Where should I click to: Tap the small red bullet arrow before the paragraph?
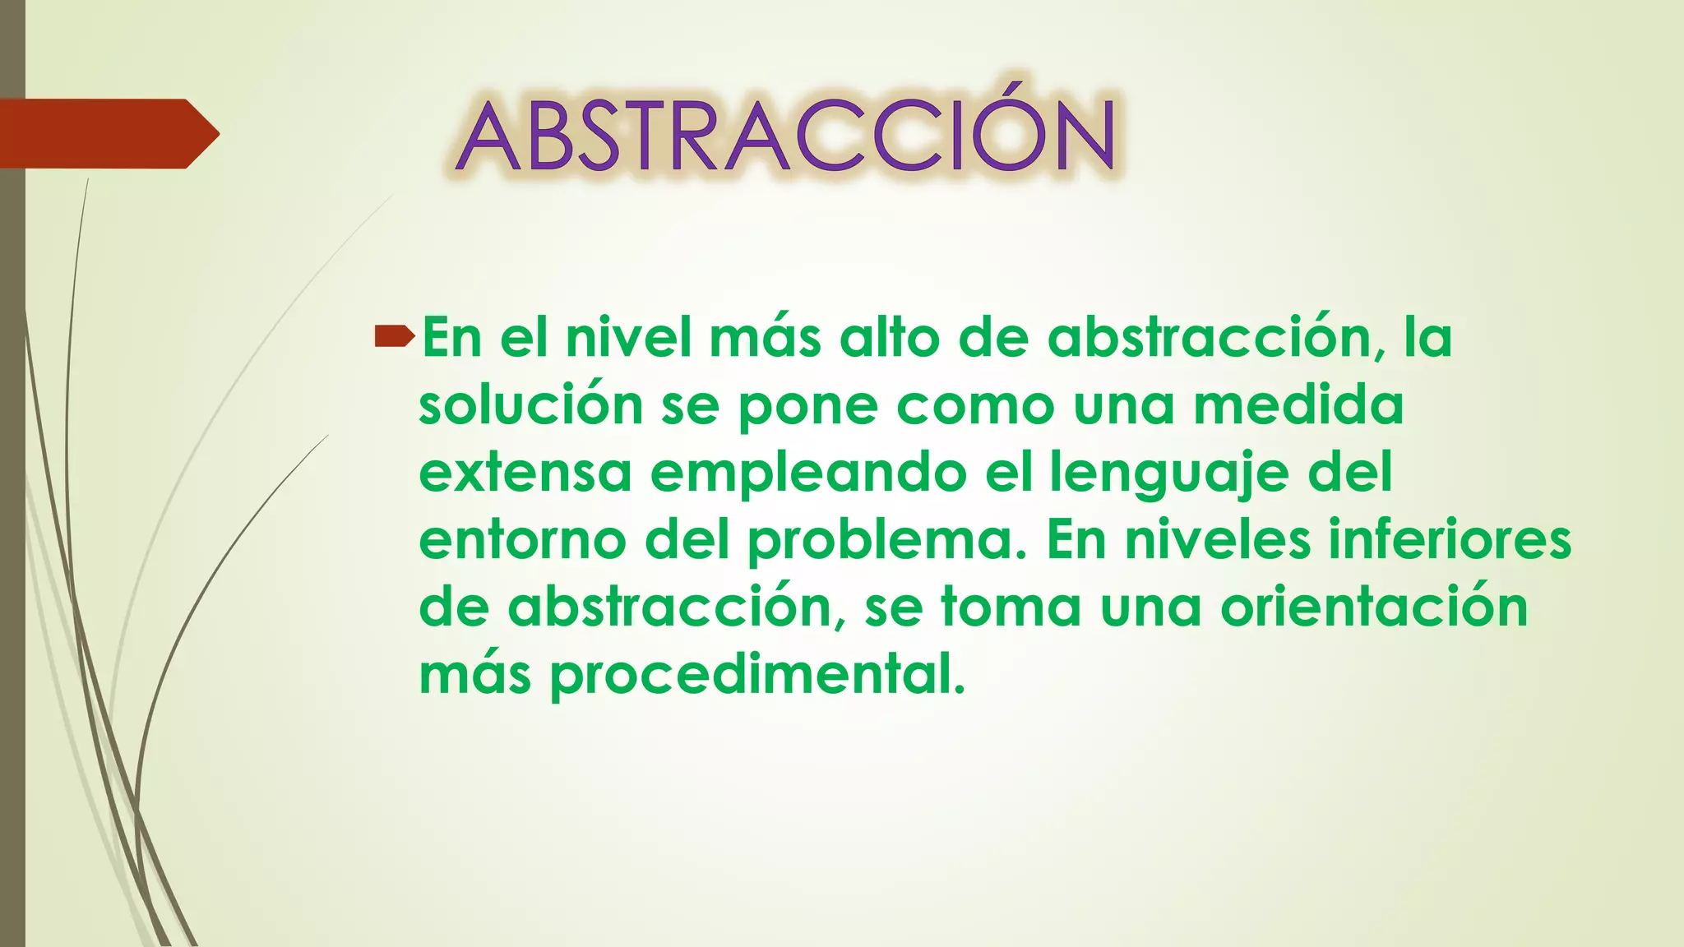394,335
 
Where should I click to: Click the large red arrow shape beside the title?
107,133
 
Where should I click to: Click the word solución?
530,405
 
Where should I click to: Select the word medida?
1298,405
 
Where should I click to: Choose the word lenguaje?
1168,474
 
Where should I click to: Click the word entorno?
523,540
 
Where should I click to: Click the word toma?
1011,607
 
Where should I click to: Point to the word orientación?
1374,607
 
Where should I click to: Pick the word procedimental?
756,677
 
